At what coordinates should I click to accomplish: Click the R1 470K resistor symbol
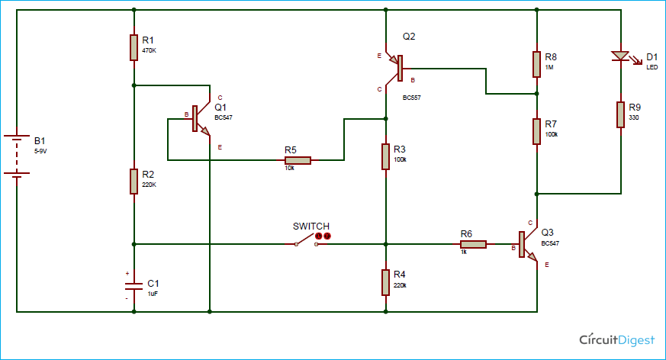click(134, 47)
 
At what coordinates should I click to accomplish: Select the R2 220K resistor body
click(134, 182)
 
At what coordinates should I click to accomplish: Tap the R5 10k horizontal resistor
click(298, 160)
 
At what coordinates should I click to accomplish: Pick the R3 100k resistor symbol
click(386, 156)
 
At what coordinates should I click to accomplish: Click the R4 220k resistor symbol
click(386, 282)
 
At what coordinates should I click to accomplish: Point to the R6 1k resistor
click(473, 244)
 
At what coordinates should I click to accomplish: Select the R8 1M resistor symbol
click(537, 65)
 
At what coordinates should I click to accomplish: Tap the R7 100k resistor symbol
click(537, 132)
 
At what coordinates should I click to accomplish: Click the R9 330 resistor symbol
click(620, 114)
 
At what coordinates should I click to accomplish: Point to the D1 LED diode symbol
click(623, 57)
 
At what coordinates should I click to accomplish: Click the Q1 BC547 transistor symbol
click(200, 119)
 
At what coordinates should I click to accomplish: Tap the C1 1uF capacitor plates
click(134, 285)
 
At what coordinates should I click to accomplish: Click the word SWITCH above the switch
click(311, 227)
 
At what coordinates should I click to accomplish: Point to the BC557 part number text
click(412, 98)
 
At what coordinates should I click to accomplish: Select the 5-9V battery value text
click(40, 151)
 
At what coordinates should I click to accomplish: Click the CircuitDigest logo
click(617, 339)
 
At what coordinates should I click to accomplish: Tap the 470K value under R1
click(149, 50)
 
